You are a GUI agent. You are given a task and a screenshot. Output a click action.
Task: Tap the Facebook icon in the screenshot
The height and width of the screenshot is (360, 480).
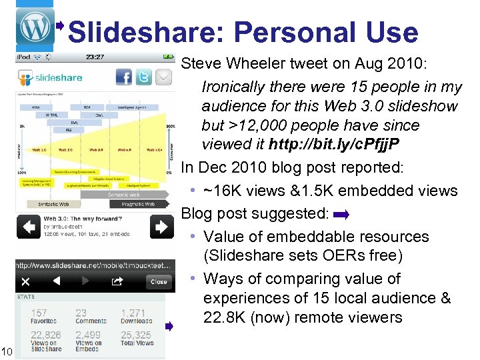coord(124,77)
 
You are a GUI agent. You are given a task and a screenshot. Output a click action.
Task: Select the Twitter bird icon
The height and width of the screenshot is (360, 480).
coord(144,77)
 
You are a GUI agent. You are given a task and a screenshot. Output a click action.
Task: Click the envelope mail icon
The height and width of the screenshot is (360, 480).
coord(163,77)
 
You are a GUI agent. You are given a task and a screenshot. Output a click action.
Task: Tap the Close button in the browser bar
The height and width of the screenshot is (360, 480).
coord(159,281)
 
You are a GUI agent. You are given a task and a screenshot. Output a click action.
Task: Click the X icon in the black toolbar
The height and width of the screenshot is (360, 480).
coord(25,281)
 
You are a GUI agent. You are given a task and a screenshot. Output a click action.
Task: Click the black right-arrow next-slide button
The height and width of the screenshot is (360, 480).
coord(161,227)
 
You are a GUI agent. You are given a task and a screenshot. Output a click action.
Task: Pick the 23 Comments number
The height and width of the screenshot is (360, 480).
coord(81,313)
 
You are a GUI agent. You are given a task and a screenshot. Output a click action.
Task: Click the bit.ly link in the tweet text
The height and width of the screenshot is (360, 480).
coord(343,144)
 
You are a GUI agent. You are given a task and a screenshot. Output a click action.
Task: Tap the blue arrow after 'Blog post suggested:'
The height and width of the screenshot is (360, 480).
coord(341,215)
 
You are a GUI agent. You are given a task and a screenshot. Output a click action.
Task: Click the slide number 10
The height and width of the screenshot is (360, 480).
coord(7,351)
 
